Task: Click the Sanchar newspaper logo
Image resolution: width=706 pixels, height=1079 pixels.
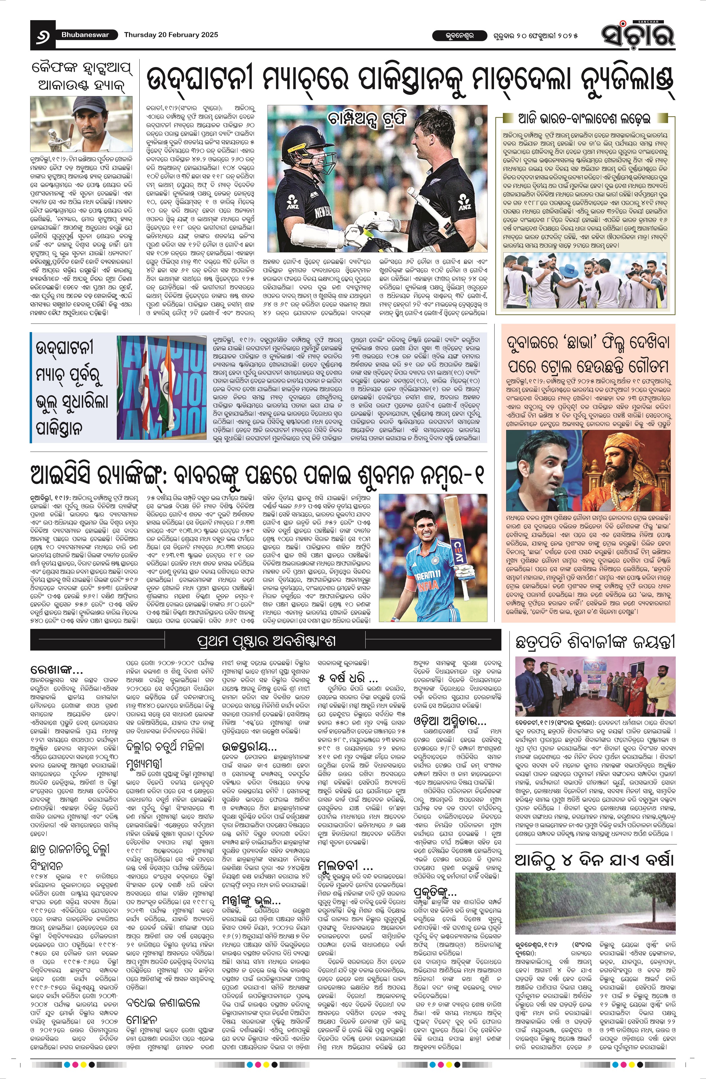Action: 638,34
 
